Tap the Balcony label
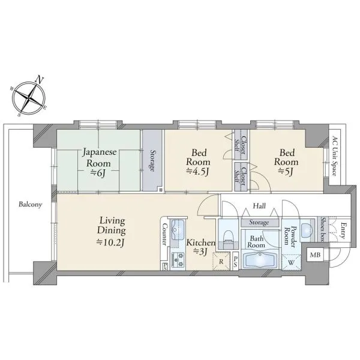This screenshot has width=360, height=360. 31,205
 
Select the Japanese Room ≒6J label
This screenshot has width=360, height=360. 99,163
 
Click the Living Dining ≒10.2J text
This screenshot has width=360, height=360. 112,232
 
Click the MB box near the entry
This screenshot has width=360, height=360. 315,254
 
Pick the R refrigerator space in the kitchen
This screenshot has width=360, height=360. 221,261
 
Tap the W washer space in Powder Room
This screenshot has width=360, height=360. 291,262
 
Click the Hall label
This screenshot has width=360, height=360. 259,206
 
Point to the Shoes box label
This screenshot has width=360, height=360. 323,230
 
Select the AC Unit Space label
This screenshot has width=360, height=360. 335,156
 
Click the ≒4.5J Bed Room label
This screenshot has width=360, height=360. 198,162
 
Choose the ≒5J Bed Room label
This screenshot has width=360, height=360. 286,162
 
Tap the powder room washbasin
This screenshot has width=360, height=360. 307,230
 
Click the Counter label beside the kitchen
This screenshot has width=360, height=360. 164,234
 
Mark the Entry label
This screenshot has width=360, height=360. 343,230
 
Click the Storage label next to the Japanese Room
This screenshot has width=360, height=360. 152,160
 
